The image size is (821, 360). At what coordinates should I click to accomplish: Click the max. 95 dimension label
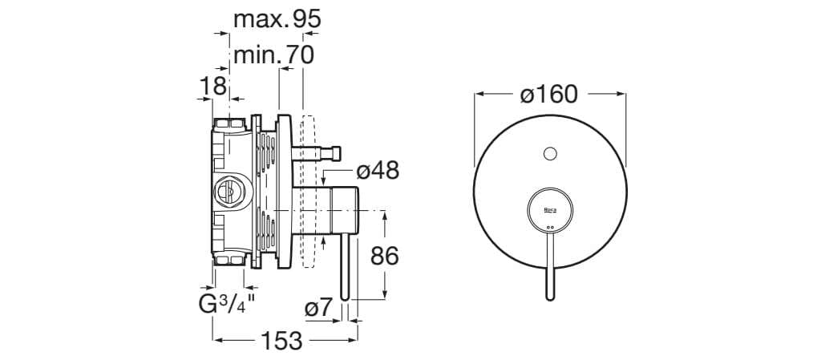(277, 19)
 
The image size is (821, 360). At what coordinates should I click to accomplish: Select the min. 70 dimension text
(273, 55)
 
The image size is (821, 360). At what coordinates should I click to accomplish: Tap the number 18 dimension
(213, 86)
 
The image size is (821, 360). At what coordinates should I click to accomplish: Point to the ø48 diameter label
(378, 171)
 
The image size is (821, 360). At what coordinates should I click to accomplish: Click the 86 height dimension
(385, 256)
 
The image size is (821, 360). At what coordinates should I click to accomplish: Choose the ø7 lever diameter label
(319, 308)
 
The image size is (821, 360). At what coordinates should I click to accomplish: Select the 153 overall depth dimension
(281, 342)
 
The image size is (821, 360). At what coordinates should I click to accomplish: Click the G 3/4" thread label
(227, 305)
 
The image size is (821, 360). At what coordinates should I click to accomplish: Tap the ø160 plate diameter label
(549, 95)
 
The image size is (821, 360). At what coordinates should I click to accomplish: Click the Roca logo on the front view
(550, 210)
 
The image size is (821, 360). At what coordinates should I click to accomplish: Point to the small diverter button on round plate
(550, 154)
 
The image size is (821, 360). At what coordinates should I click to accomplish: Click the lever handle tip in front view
(550, 297)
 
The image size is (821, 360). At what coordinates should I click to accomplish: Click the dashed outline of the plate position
(309, 192)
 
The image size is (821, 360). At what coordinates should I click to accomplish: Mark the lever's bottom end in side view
(345, 298)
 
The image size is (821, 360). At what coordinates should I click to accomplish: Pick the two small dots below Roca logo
(550, 227)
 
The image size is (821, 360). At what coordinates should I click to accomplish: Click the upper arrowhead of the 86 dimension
(385, 215)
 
